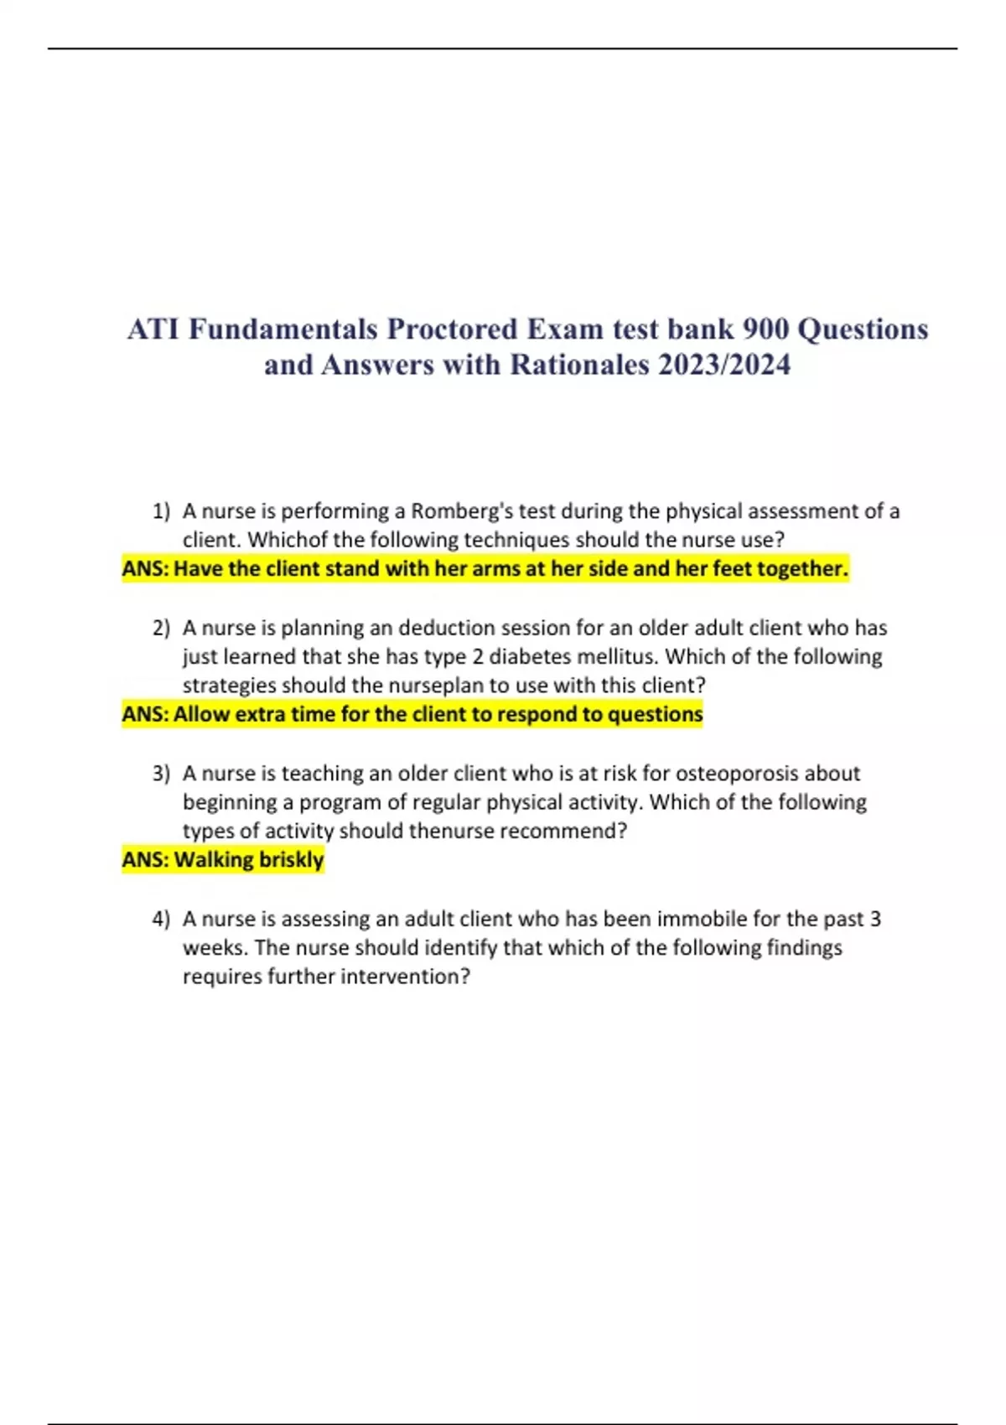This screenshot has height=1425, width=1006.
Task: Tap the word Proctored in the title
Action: click(x=452, y=329)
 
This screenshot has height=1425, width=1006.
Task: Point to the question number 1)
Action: click(x=161, y=511)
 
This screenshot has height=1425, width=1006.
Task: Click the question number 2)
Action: click(x=161, y=628)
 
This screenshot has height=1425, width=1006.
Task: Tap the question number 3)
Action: click(x=161, y=773)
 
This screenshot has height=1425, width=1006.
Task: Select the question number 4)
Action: click(x=161, y=919)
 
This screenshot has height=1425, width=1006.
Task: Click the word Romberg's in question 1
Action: click(x=461, y=511)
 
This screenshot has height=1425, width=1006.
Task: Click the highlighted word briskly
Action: click(x=291, y=860)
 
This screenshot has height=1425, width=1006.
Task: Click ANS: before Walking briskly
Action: click(x=145, y=860)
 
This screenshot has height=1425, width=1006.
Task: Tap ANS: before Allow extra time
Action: click(x=145, y=714)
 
